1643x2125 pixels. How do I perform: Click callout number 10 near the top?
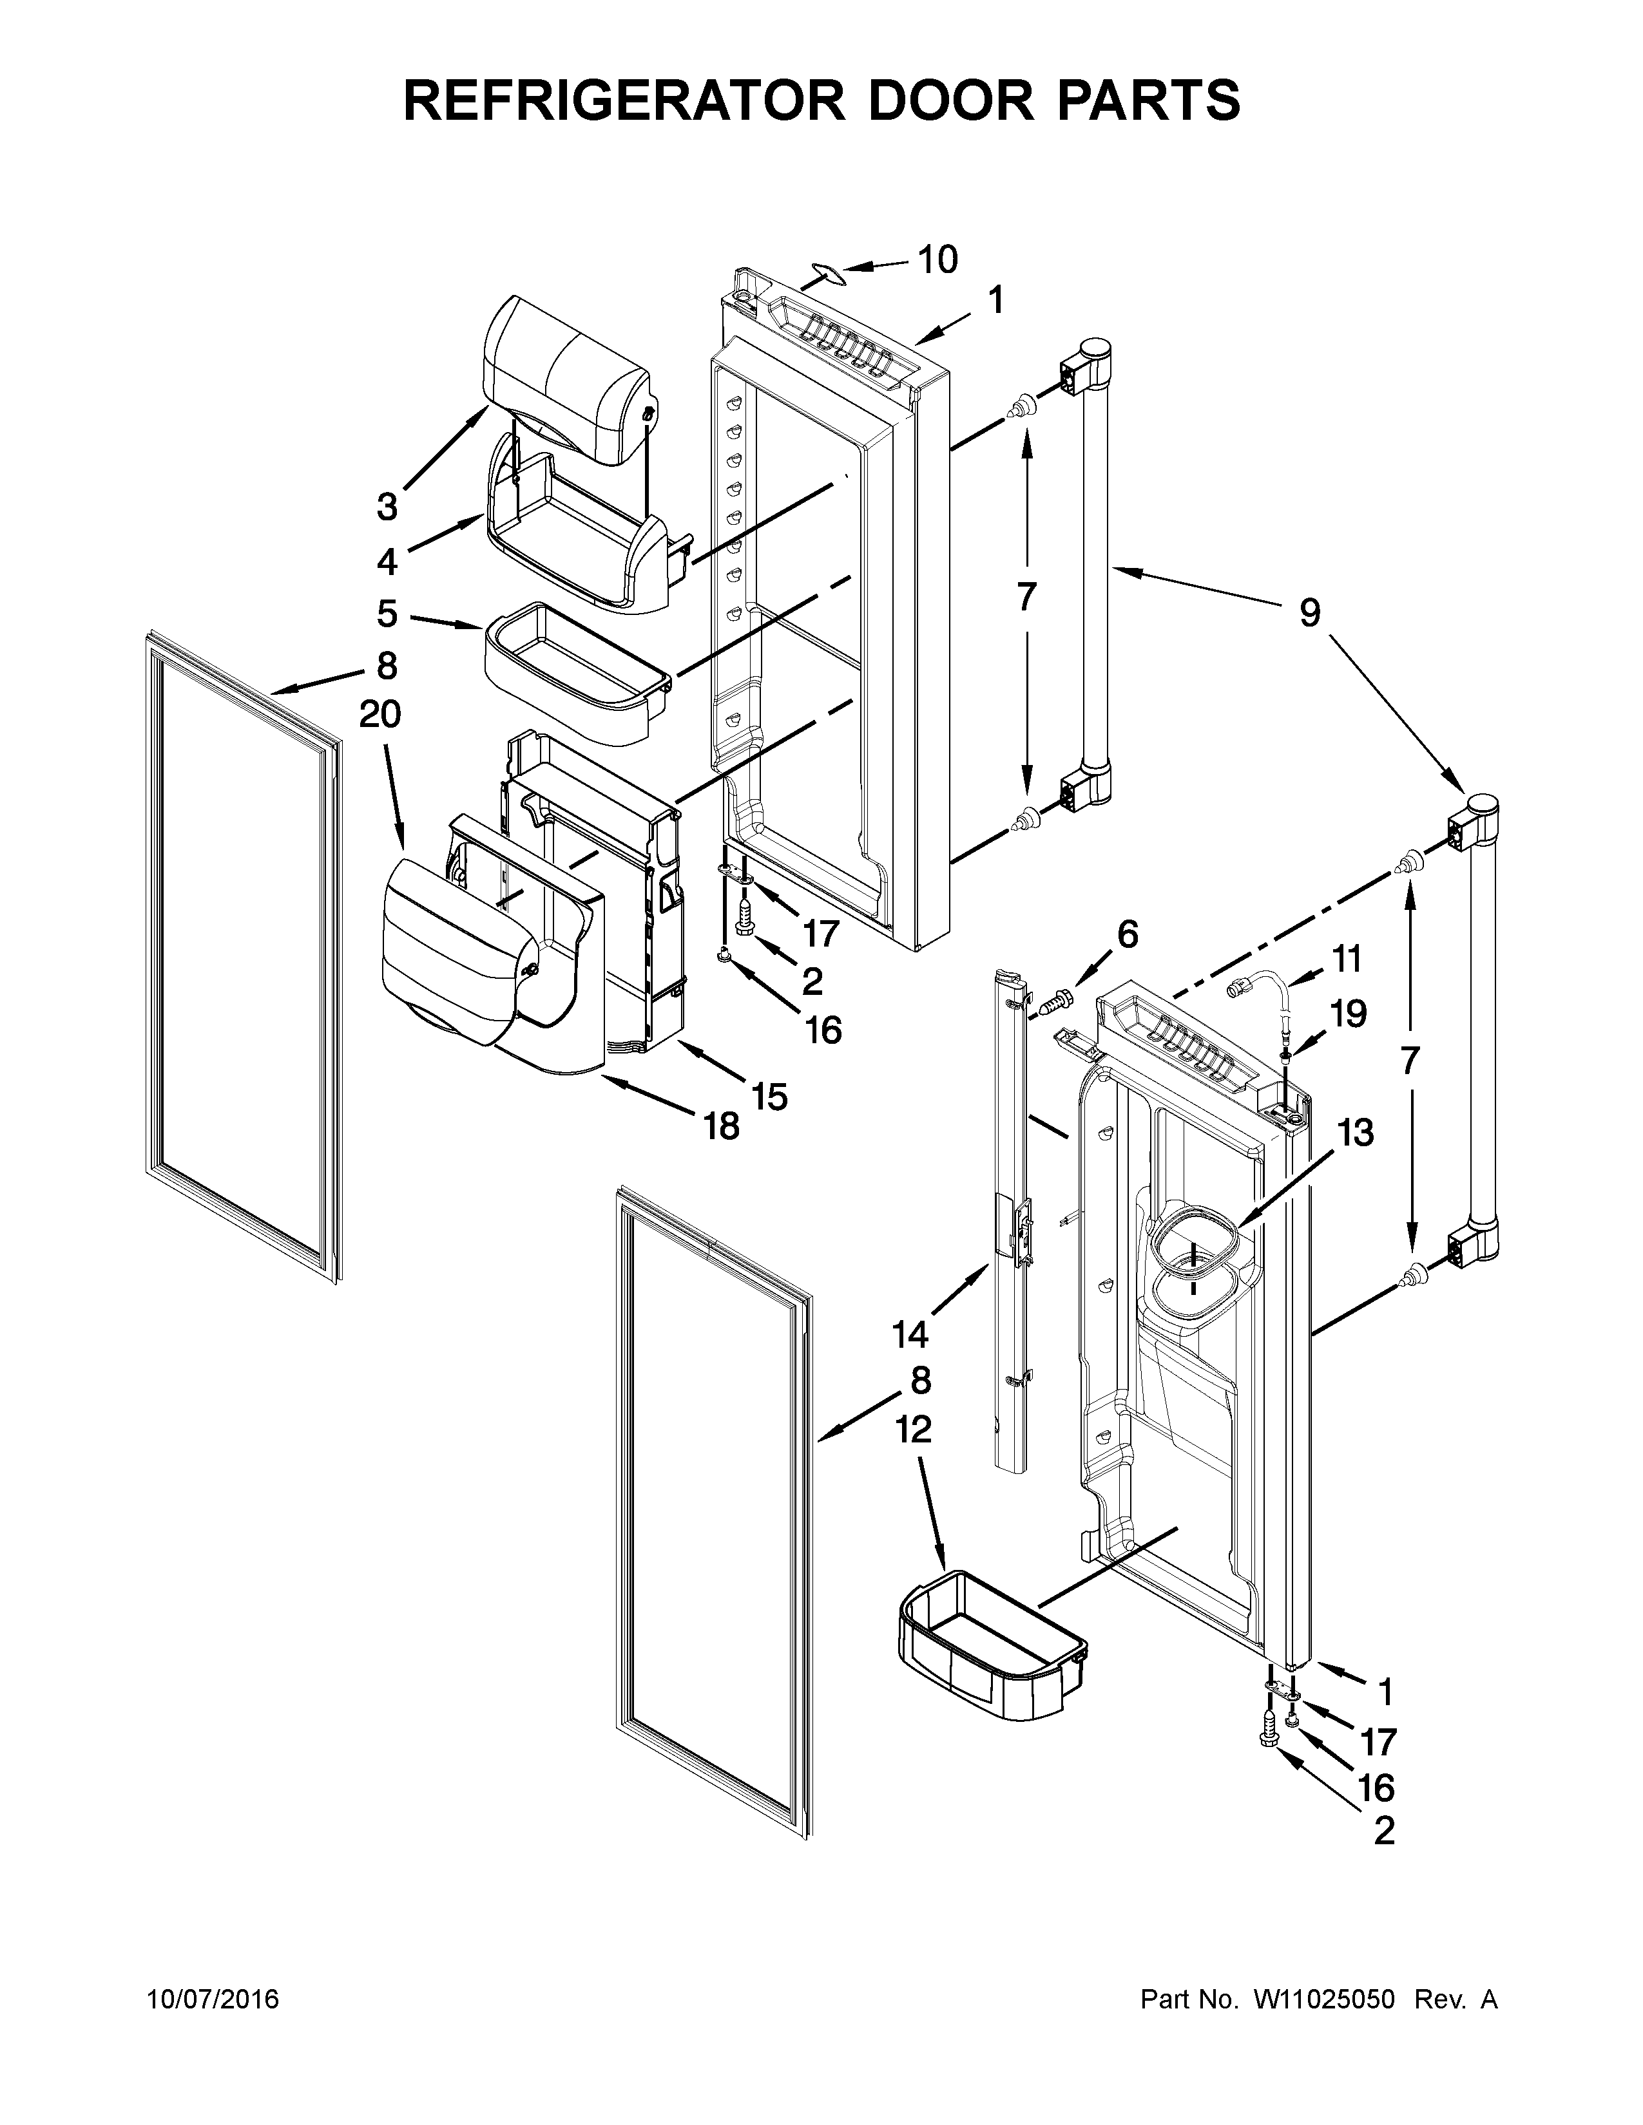tap(937, 260)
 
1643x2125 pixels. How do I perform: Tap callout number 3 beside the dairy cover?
tap(387, 506)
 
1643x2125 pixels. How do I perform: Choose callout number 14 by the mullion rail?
tap(910, 1335)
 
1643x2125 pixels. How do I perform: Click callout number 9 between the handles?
tap(1309, 613)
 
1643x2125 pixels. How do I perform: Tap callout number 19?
tap(1348, 1014)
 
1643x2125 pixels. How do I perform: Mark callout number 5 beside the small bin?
tap(387, 613)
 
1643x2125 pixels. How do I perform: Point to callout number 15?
tap(769, 1097)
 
